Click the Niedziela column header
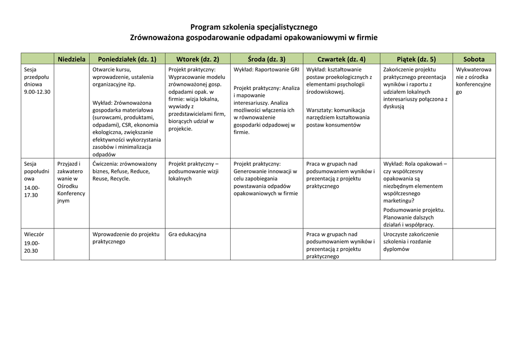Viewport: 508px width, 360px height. (71, 59)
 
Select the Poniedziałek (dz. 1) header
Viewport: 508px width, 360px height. (127, 59)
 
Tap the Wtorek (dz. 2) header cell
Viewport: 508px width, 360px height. (197, 59)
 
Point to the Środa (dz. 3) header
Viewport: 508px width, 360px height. (266, 59)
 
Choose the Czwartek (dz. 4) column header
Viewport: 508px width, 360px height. (341, 59)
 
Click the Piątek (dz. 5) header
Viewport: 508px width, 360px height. (416, 59)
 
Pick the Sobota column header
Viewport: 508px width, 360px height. (474, 59)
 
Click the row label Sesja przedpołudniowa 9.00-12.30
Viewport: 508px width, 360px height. (37, 80)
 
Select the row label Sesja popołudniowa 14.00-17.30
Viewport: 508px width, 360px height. (37, 179)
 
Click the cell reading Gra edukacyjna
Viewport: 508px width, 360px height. (187, 234)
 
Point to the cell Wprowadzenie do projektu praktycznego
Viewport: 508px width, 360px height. (126, 238)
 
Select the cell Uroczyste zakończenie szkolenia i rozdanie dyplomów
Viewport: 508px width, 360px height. (411, 242)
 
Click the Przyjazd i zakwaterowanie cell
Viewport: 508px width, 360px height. (70, 182)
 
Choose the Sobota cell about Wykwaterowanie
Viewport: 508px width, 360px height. (473, 80)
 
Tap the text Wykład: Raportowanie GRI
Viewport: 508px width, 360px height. (266, 70)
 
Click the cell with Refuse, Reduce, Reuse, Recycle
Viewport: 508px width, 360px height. (125, 171)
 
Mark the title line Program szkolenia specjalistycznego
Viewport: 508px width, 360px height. (254, 27)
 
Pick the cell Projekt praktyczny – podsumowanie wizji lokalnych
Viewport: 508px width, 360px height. (193, 171)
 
